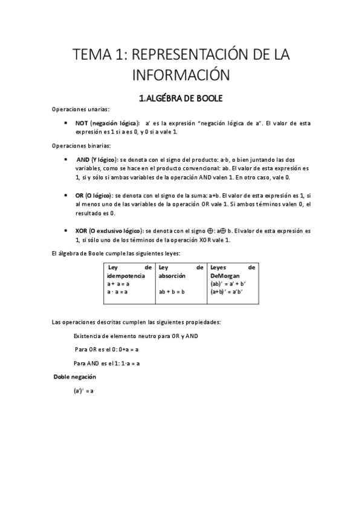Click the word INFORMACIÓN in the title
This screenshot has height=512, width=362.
(181, 76)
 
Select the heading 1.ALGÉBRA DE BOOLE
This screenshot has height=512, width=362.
(181, 98)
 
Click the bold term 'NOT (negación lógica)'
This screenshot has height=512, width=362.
(107, 123)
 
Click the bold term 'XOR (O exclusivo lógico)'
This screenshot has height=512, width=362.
(109, 231)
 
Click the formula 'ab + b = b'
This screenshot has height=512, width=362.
(172, 292)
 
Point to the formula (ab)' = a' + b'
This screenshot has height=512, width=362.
(228, 283)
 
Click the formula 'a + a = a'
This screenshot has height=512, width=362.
(118, 283)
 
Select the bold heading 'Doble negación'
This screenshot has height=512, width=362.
(75, 377)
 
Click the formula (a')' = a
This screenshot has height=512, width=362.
(83, 391)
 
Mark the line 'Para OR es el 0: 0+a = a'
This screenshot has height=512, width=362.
(108, 349)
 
